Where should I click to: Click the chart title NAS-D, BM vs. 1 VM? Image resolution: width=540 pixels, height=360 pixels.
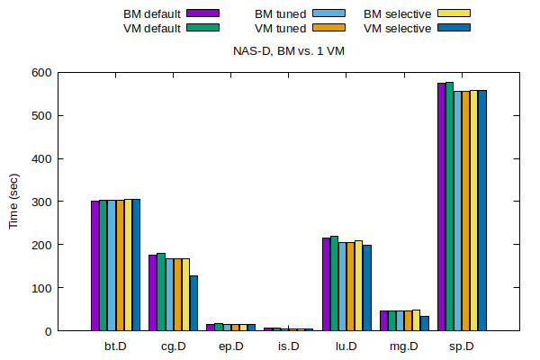[x=287, y=51]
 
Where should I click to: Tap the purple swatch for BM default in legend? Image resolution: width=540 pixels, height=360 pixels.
[x=203, y=13]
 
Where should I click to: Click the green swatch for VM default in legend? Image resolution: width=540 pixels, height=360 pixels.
[x=203, y=28]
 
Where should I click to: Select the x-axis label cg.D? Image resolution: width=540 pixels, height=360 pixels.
[x=173, y=346]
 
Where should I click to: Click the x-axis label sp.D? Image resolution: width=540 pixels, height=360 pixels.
[x=462, y=346]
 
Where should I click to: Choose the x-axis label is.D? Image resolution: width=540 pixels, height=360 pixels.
[x=288, y=346]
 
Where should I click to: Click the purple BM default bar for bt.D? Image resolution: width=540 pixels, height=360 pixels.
[x=94, y=265]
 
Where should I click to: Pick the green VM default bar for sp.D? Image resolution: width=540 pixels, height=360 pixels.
[x=449, y=207]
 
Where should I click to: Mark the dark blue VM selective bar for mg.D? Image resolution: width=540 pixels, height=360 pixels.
[x=425, y=323]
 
